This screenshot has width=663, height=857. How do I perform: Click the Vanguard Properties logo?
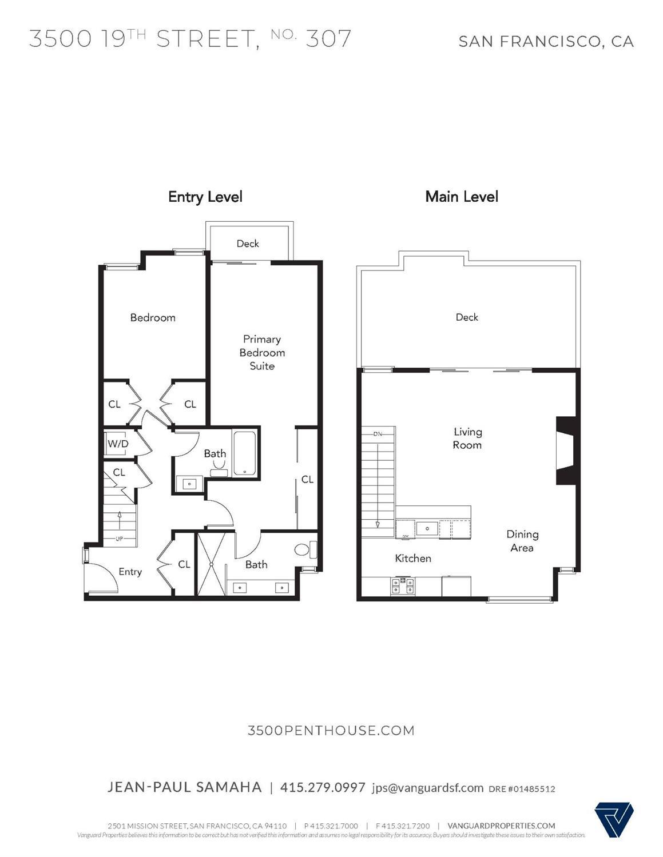click(614, 820)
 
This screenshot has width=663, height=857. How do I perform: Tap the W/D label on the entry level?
click(118, 444)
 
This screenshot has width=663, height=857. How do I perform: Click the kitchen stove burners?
click(402, 585)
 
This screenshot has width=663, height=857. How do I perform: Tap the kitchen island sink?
click(426, 528)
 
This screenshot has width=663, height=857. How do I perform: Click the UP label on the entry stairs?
click(120, 539)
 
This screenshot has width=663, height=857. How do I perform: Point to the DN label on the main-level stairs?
click(378, 434)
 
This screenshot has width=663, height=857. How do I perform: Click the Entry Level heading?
click(205, 197)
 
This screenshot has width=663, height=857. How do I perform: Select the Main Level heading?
click(461, 197)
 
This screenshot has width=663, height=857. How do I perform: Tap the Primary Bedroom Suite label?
click(261, 352)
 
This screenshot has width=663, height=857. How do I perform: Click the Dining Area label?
click(522, 541)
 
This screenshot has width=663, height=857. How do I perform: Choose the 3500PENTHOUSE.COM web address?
click(331, 730)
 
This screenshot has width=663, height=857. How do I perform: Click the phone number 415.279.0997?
click(322, 787)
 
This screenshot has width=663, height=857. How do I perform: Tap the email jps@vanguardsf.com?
click(427, 788)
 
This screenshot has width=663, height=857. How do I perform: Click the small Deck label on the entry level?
click(248, 244)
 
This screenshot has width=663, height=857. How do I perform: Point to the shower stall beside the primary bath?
click(211, 564)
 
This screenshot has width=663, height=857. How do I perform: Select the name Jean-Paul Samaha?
click(184, 787)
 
